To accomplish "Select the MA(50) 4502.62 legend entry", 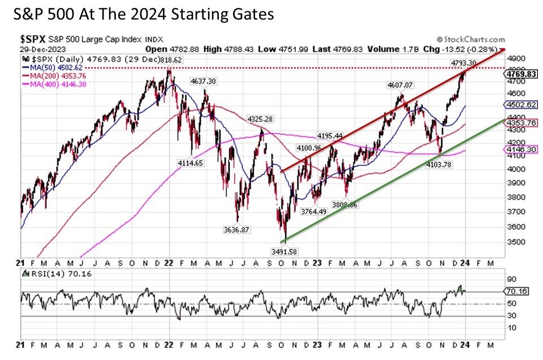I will [x=48, y=67].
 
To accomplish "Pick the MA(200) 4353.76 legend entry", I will [x=50, y=75].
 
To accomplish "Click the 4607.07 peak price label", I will [x=400, y=85].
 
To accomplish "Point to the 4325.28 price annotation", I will [x=260, y=119].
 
